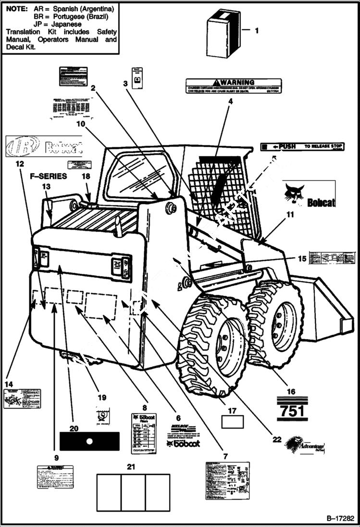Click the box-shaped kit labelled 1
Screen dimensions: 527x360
tap(223, 33)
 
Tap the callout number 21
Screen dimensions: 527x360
tap(131, 466)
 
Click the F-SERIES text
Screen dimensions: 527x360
tap(48, 176)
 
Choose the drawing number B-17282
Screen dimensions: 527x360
tap(340, 518)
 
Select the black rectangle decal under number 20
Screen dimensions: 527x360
tap(89, 441)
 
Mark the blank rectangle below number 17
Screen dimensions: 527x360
tap(232, 422)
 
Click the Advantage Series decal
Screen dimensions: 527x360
tap(304, 446)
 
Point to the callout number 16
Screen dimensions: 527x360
tap(291, 392)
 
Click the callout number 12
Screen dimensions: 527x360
tap(19, 164)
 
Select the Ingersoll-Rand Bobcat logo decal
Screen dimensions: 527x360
tap(43, 147)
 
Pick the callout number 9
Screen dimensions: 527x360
tap(56, 458)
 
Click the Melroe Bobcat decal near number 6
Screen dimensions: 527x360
tap(183, 435)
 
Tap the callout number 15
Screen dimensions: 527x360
tap(301, 258)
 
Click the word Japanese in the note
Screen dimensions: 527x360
tap(67, 24)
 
